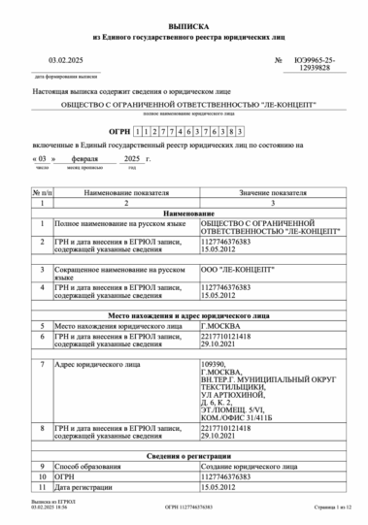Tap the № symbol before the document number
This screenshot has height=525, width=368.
279,60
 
